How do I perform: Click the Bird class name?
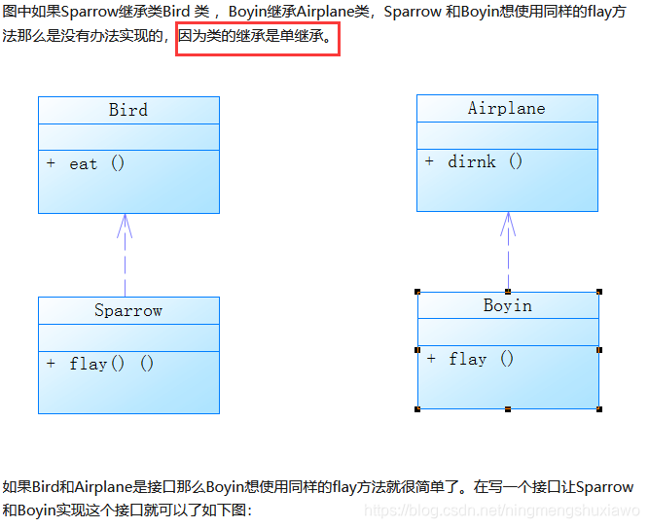(x=128, y=110)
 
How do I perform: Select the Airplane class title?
(x=506, y=108)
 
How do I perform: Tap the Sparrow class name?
(x=128, y=310)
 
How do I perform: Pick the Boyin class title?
(x=507, y=305)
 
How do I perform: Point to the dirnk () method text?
(x=485, y=161)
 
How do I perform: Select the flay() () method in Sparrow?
(x=111, y=364)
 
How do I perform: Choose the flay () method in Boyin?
(x=481, y=359)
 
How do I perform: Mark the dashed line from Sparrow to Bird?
(x=125, y=267)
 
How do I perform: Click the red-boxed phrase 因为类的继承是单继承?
(x=257, y=41)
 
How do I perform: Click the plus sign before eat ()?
(x=51, y=163)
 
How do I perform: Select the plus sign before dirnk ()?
(x=429, y=161)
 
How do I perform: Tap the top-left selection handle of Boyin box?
(x=417, y=291)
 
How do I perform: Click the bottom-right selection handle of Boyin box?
(x=599, y=409)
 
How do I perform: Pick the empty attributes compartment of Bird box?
(x=128, y=137)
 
